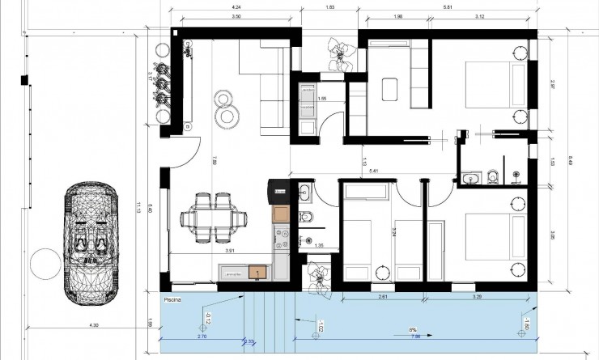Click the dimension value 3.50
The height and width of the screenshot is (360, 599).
pos(236,16)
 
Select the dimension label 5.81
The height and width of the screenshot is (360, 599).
pos(448,7)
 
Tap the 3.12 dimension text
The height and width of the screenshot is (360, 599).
pos(478,16)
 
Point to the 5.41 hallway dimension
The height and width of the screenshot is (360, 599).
pos(374,172)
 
